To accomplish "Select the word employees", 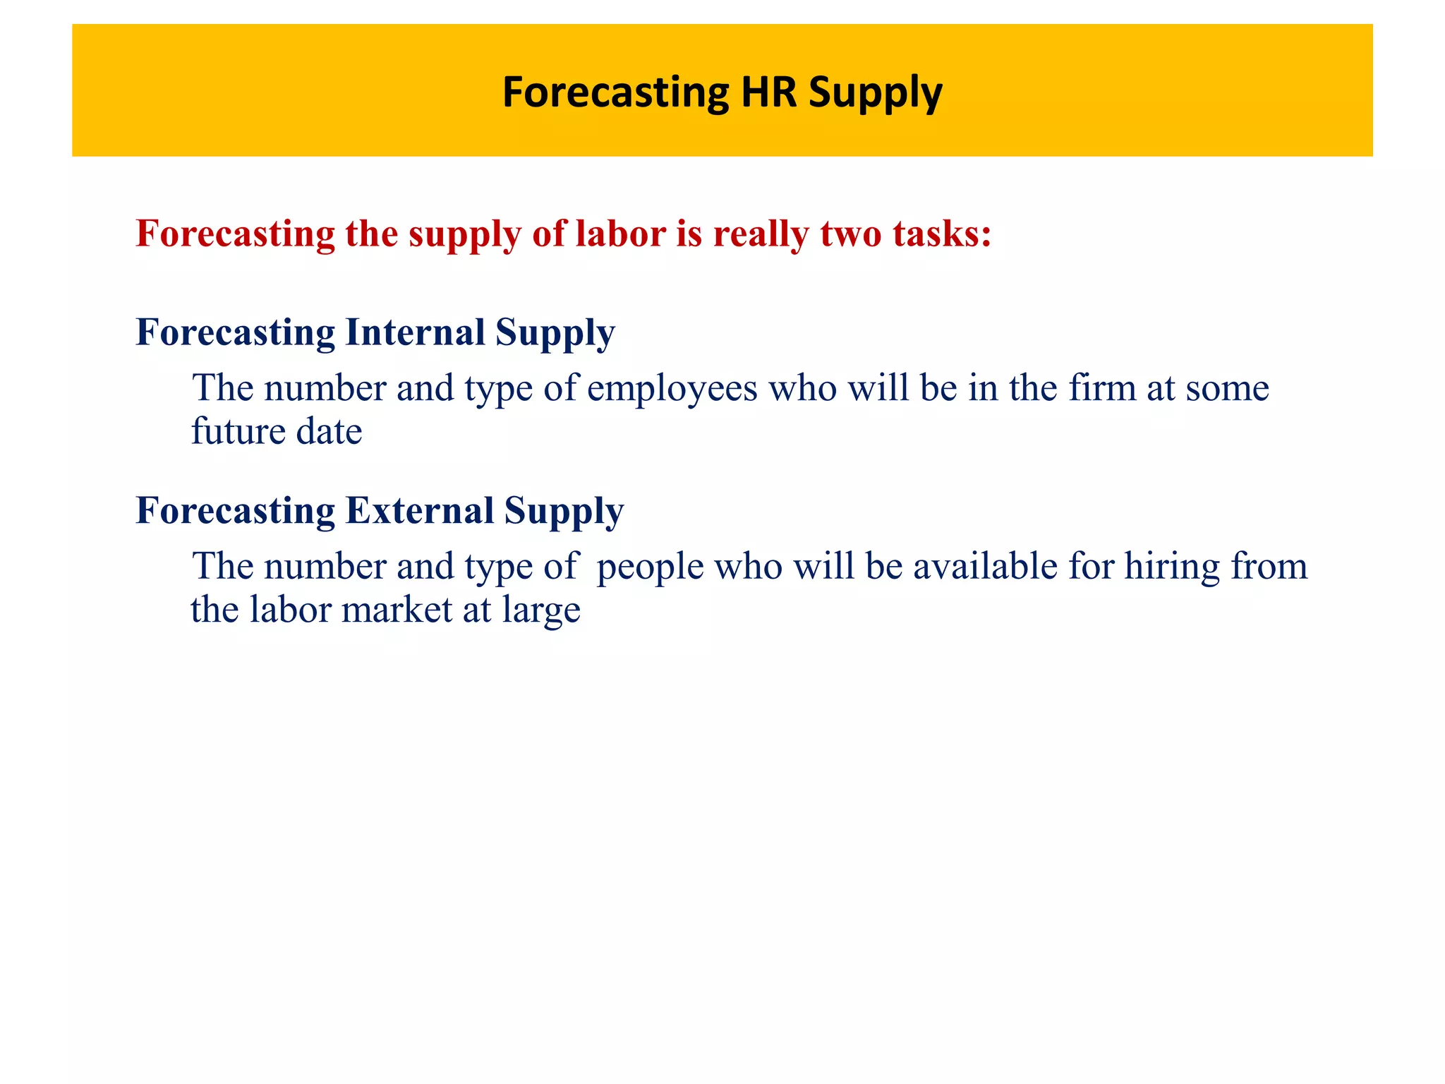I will [x=672, y=389].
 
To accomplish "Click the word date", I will [x=329, y=431].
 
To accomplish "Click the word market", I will [x=397, y=610].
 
